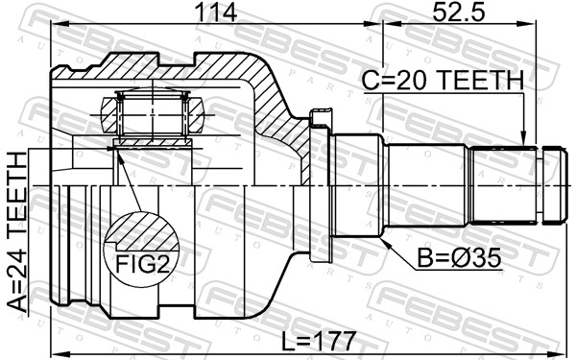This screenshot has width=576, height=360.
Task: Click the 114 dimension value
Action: coord(216,12)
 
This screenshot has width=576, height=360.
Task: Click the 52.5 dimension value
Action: coord(459,12)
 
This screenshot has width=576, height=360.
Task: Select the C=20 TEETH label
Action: coord(443,80)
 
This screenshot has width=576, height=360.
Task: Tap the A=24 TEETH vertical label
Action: coord(17,232)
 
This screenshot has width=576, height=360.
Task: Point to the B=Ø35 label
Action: coord(459,258)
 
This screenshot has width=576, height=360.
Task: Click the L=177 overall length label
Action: coord(319,341)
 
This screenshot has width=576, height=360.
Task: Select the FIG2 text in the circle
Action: coord(142,264)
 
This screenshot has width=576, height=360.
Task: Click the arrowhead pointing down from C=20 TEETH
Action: coord(524,139)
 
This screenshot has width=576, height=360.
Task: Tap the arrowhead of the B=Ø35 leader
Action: coord(385,242)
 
